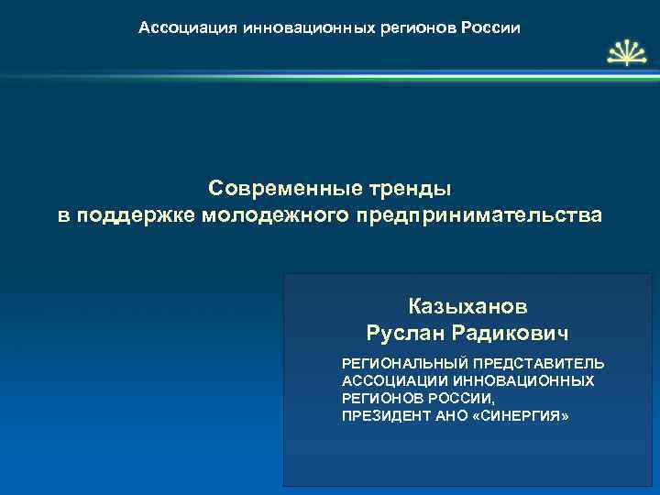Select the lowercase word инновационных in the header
point(309,28)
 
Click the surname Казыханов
point(467,305)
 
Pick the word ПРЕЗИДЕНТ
point(384,415)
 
